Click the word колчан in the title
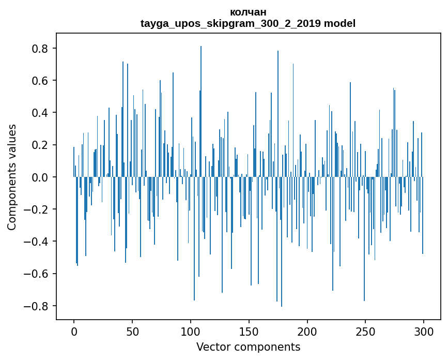pyautogui.click(x=248, y=12)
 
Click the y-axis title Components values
pyautogui.click(x=12, y=177)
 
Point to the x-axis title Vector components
pyautogui.click(x=248, y=347)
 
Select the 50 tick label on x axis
pyautogui.click(x=132, y=331)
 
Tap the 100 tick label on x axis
pyautogui.click(x=191, y=331)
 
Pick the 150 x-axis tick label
pyautogui.click(x=249, y=331)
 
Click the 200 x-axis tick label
pyautogui.click(x=307, y=331)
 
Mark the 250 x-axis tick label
pyautogui.click(x=365, y=331)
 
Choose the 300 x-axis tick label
pyautogui.click(x=424, y=331)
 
